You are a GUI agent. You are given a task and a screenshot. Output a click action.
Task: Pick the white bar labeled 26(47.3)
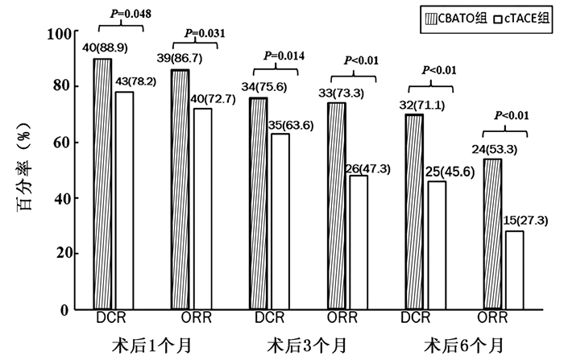(359, 242)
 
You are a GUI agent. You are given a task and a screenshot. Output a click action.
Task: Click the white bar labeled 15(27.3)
(515, 270)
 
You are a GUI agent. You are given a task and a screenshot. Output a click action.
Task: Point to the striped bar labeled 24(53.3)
(492, 234)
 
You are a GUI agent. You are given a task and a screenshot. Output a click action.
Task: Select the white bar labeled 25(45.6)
(436, 245)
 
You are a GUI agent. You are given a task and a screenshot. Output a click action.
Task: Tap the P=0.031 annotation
(205, 33)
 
